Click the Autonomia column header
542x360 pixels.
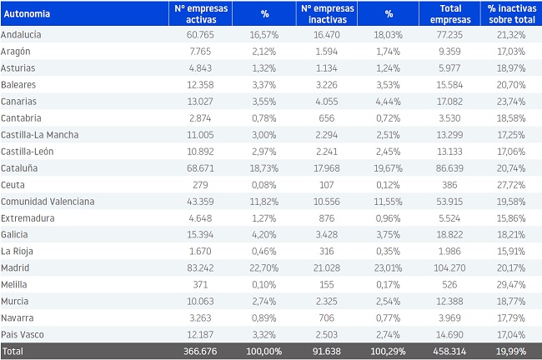pos(27,14)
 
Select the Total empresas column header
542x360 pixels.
pos(450,14)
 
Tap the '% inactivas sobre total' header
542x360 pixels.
pos(512,14)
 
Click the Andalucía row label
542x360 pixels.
pos(21,34)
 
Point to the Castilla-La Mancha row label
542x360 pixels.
pos(40,135)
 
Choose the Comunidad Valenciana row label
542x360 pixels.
pos(48,202)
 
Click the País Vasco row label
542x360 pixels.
pos(23,334)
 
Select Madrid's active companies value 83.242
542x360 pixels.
pos(200,267)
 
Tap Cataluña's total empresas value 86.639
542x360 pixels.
pos(449,168)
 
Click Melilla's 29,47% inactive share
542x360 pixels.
pos(511,285)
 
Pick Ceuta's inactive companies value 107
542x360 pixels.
pos(327,185)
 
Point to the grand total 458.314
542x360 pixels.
pos(449,352)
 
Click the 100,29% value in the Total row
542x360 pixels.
pos(388,352)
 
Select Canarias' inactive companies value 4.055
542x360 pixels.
pos(327,102)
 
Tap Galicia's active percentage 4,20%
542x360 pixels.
pos(263,235)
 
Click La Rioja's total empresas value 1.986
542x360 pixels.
pos(449,251)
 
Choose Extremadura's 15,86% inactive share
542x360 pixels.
pos(511,218)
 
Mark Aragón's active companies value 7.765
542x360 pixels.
pos(200,52)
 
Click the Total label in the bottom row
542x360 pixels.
pos(13,352)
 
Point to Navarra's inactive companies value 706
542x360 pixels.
pos(327,317)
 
